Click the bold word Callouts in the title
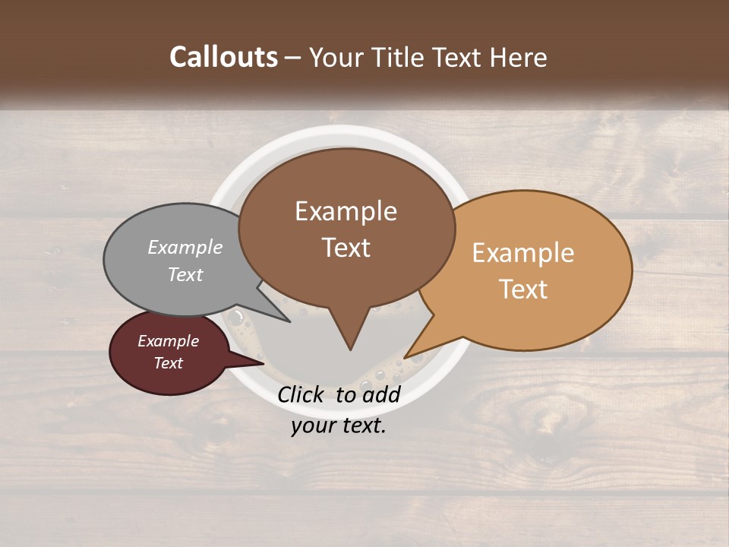click(223, 58)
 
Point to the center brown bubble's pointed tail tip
click(350, 349)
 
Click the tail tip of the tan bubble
click(405, 357)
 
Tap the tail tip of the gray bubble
click(289, 321)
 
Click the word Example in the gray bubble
click(185, 247)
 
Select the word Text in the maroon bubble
click(169, 363)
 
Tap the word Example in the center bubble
click(346, 211)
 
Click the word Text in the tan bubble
click(523, 289)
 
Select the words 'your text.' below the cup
click(339, 425)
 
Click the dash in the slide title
click(293, 58)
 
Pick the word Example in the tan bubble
click(523, 252)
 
